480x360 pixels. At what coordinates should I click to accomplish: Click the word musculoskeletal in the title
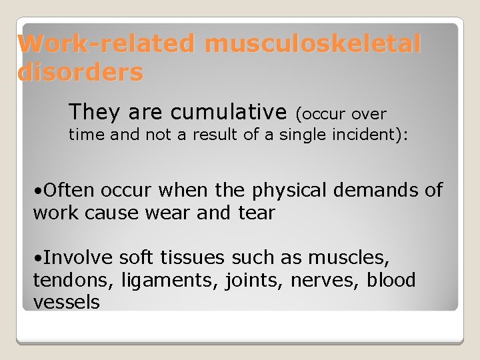pos(313,45)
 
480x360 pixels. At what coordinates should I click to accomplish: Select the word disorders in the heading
pos(81,72)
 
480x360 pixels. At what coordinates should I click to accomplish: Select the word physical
pos(296,191)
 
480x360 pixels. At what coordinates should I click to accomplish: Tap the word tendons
pos(73,280)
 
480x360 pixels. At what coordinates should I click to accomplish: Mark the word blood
pos(391,280)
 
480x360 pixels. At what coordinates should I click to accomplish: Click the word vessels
pos(66,302)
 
